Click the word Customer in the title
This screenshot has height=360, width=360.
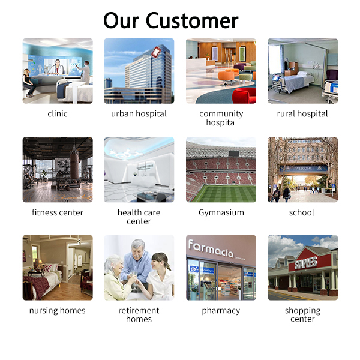click(x=192, y=20)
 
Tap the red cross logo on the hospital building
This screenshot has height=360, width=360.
click(x=155, y=51)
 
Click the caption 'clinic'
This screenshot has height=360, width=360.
click(x=58, y=113)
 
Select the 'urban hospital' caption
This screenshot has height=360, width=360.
click(x=139, y=113)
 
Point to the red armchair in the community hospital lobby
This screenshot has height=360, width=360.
click(x=244, y=95)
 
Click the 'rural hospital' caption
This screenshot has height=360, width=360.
click(x=302, y=113)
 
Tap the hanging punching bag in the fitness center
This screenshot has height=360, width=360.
click(x=74, y=165)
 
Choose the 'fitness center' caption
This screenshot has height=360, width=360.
click(x=58, y=212)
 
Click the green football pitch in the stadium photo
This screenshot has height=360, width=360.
click(x=223, y=193)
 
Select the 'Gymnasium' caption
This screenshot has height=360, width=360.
click(x=221, y=212)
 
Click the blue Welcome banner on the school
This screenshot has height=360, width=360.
click(x=303, y=168)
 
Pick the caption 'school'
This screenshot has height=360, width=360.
click(x=301, y=212)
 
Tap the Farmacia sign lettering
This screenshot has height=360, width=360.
click(x=211, y=248)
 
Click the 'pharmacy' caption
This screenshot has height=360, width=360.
click(x=221, y=311)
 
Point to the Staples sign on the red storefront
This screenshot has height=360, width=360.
click(x=306, y=263)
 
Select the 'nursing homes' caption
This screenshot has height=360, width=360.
click(x=58, y=310)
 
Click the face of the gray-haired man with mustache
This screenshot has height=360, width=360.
click(x=137, y=250)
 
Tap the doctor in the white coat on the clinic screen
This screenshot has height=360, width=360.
click(x=56, y=67)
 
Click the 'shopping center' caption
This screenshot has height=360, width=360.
click(x=302, y=314)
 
